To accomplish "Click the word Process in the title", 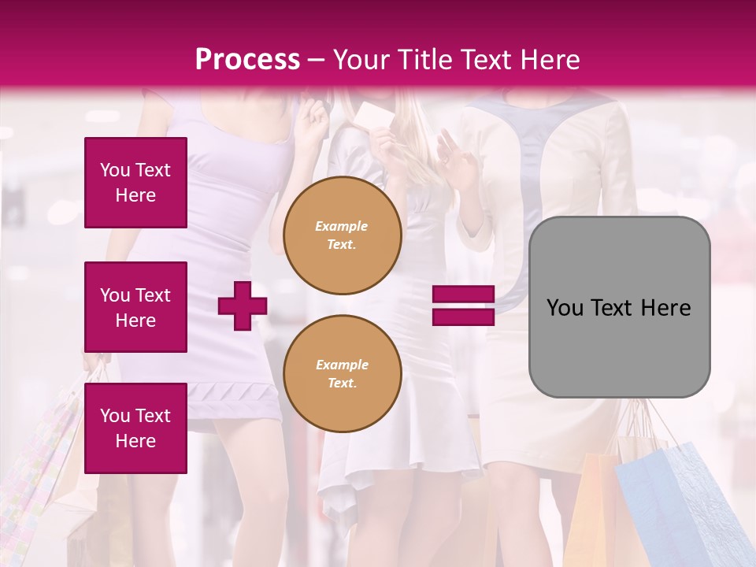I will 247,59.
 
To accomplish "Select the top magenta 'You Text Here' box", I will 135,183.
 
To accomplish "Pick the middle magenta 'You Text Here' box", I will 135,307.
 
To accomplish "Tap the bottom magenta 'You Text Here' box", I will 135,428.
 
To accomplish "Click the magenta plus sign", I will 243,306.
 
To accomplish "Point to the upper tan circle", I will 343,235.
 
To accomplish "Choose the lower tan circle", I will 343,374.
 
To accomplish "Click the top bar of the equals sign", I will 463,295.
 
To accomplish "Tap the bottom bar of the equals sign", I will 463,317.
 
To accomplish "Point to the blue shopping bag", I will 677,504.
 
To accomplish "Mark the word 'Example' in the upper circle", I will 342,226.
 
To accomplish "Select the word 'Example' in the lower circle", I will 342,365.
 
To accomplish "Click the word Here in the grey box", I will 665,308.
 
